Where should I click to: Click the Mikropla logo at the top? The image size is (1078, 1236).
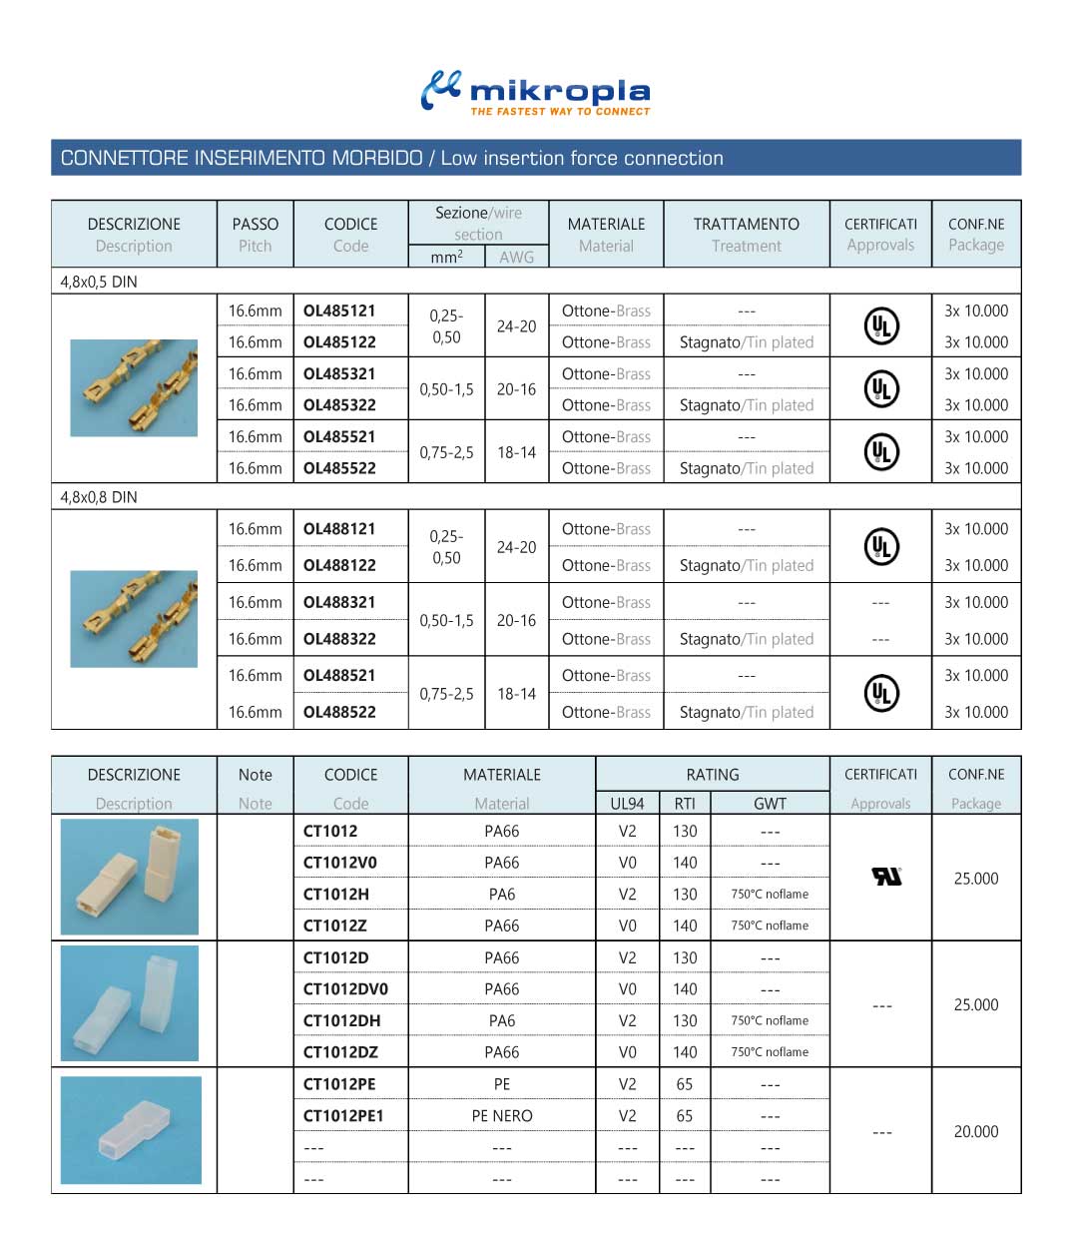[x=536, y=93]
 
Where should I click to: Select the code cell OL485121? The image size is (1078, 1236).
[x=339, y=310]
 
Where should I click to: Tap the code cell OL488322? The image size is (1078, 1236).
[x=339, y=639]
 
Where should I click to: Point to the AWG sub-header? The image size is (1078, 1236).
[x=516, y=257]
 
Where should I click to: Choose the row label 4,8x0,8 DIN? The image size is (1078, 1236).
[x=99, y=497]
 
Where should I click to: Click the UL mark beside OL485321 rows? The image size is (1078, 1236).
[x=880, y=389]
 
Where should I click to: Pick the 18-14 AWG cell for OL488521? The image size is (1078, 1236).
[x=516, y=694]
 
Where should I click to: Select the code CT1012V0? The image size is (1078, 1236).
[x=340, y=863]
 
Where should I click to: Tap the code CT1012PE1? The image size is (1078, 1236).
[x=343, y=1116]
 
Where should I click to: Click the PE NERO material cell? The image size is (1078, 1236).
[x=502, y=1116]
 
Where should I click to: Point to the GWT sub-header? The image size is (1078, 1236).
[x=770, y=804]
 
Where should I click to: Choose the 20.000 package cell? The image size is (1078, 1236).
[x=975, y=1131]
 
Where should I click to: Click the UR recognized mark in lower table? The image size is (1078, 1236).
[x=886, y=877]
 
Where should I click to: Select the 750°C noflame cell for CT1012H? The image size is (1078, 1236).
[x=770, y=895]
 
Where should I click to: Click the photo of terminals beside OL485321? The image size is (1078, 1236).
[x=133, y=388]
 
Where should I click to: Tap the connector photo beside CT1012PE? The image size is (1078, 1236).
[x=131, y=1130]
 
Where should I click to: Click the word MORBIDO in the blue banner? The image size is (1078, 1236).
[x=377, y=158]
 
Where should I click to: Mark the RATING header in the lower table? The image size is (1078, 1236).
[x=712, y=775]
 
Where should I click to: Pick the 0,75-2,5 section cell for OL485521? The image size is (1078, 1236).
[x=446, y=452]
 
